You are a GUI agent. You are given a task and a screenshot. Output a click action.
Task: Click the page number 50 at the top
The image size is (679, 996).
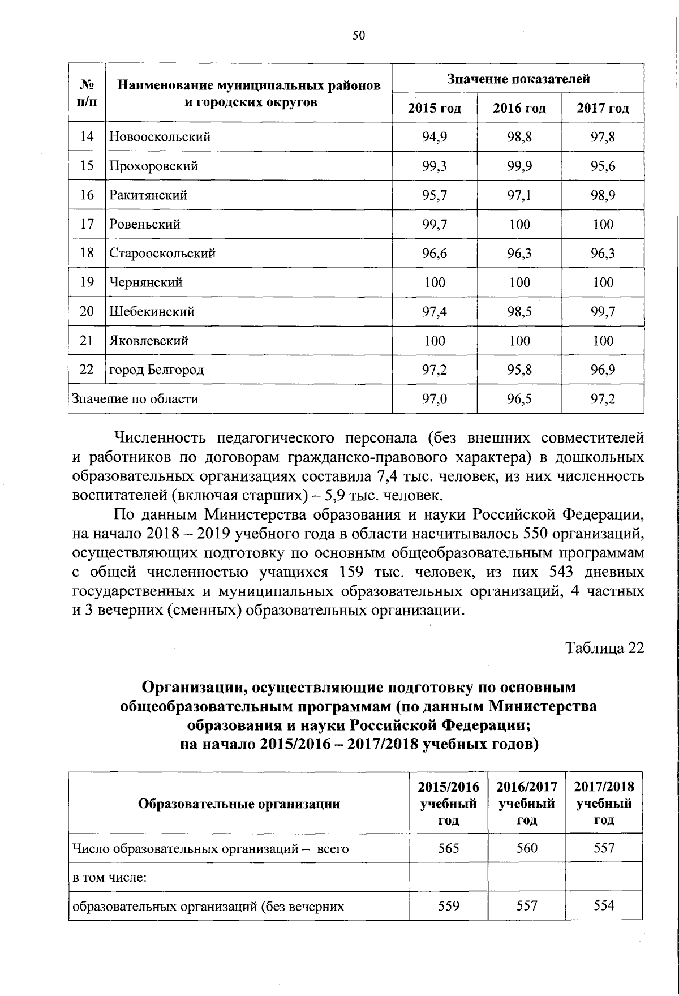click(359, 36)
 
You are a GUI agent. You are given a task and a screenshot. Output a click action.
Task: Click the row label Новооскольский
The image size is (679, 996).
click(160, 137)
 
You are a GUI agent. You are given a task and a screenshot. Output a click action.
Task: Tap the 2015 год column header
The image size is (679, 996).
click(435, 108)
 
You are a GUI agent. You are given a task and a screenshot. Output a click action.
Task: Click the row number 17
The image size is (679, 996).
click(87, 224)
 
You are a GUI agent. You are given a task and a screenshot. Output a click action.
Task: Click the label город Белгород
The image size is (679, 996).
click(156, 370)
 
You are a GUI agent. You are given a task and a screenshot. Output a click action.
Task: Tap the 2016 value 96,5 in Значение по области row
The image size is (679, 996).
click(519, 399)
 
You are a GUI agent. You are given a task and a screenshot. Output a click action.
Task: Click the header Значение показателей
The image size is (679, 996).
click(518, 79)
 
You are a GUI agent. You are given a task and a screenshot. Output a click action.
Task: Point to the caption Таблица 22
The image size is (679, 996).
click(605, 648)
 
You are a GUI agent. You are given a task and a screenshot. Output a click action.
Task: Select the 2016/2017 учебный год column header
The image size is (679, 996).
click(527, 803)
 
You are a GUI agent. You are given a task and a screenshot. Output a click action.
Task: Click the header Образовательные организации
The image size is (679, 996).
click(239, 804)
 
